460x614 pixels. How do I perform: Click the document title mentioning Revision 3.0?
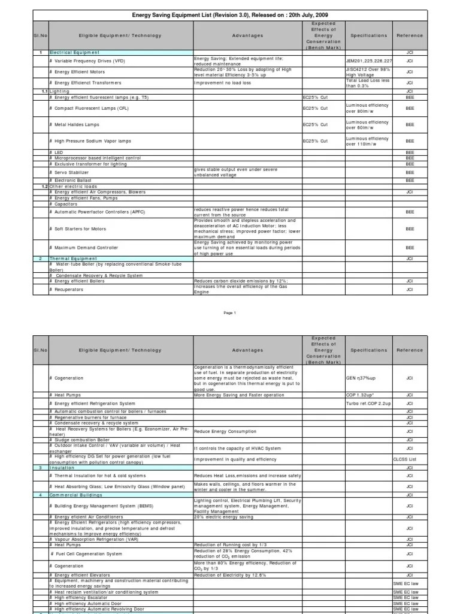coord(229,15)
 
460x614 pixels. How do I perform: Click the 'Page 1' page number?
coord(230,312)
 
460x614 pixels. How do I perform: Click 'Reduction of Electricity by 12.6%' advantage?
coord(229,575)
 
